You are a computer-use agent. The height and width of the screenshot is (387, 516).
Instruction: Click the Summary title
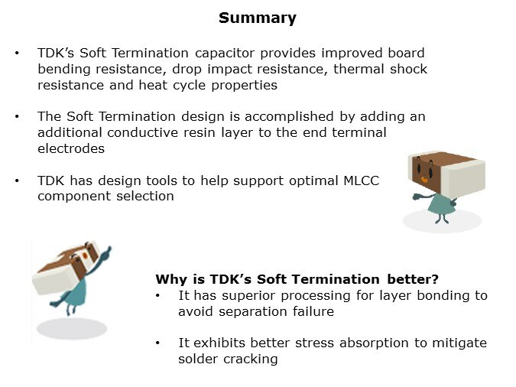pos(258,18)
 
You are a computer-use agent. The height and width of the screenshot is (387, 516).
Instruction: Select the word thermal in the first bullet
pos(359,69)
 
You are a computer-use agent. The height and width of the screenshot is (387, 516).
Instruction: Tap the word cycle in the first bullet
pos(190,86)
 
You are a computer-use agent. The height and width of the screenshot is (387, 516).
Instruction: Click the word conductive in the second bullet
pos(143,133)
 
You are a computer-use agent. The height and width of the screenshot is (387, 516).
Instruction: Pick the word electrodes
pos(71,149)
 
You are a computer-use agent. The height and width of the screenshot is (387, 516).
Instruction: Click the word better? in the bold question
pos(413,279)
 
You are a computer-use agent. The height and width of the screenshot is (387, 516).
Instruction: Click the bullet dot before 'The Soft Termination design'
pos(17,116)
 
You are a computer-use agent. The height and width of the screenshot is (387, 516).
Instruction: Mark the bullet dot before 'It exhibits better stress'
pos(158,343)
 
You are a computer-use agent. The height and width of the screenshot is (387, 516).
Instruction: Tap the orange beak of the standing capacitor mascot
pos(424,180)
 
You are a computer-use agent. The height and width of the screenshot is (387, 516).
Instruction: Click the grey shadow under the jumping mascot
pos(72,328)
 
